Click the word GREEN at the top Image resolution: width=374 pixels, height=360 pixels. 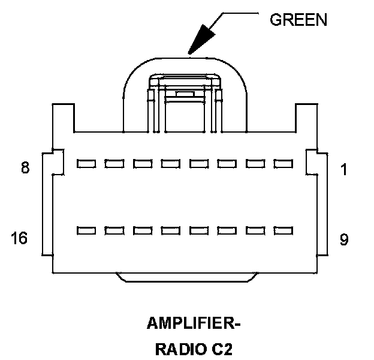click(298, 19)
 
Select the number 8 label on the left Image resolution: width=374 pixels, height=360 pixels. click(25, 169)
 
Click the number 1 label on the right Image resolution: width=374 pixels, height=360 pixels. click(343, 170)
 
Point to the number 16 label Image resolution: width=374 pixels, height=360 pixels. click(19, 239)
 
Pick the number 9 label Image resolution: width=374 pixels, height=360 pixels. click(343, 240)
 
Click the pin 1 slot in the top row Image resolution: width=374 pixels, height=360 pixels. click(282, 163)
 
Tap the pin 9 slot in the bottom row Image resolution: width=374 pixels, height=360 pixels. click(282, 230)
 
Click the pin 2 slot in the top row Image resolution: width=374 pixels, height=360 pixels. click(255, 163)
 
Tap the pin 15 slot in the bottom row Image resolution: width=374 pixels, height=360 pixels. click(114, 230)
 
